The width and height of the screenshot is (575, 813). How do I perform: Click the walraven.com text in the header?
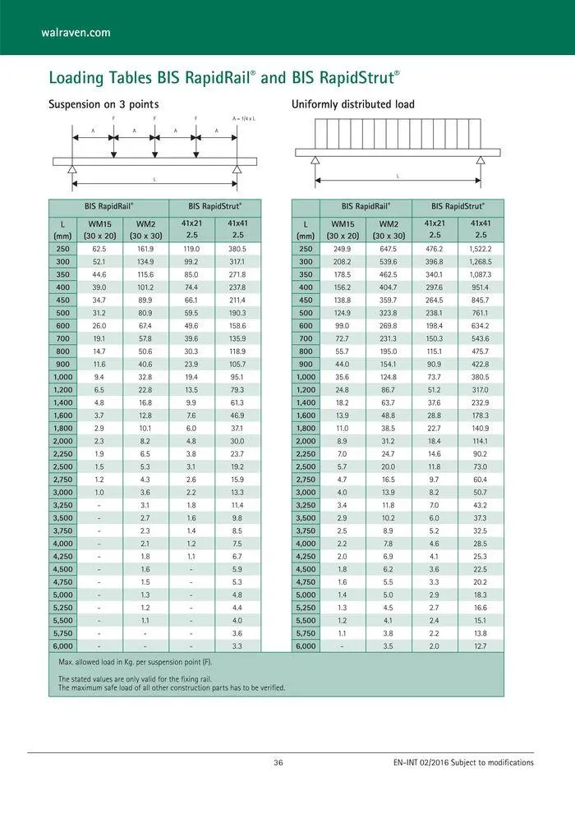(x=76, y=33)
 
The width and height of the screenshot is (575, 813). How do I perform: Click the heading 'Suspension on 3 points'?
(x=103, y=104)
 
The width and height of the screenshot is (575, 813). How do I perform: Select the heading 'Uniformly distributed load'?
(x=352, y=104)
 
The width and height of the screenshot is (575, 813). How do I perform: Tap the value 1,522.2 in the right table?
(x=481, y=249)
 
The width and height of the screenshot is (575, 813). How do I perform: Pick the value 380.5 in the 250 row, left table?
(x=237, y=249)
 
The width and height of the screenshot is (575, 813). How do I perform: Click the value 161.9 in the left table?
(x=145, y=249)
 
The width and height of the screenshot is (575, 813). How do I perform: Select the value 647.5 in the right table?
(x=389, y=249)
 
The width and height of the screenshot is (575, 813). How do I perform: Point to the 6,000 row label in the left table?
(x=62, y=646)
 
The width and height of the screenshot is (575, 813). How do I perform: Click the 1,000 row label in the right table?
(x=306, y=377)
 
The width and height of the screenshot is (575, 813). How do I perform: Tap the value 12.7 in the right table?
(x=481, y=646)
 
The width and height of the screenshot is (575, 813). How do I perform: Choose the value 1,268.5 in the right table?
(x=481, y=262)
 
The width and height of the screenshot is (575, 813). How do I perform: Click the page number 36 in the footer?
(x=278, y=763)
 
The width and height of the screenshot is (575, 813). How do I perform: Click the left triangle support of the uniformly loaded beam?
(x=315, y=161)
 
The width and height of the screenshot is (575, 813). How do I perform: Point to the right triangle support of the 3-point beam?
(x=237, y=169)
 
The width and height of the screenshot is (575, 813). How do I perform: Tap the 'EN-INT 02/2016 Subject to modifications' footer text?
(x=463, y=763)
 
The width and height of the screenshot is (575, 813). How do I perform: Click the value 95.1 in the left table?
(x=237, y=377)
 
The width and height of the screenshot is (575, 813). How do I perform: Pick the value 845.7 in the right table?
(x=481, y=300)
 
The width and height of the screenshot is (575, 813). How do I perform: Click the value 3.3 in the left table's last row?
(x=237, y=646)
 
